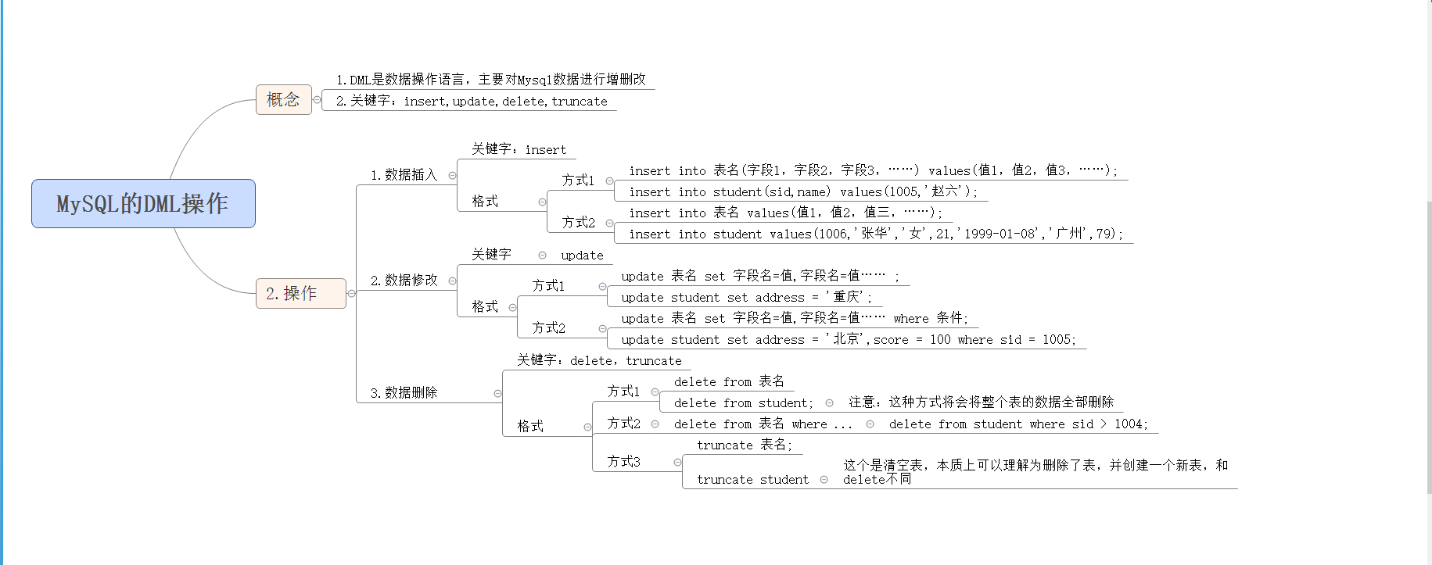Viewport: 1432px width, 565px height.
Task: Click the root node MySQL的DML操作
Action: click(143, 204)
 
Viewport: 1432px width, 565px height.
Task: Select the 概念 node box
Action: click(283, 100)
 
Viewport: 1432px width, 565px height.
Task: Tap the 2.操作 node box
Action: click(300, 294)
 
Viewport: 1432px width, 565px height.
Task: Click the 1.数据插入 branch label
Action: click(404, 175)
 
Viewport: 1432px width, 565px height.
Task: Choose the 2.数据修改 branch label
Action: click(404, 281)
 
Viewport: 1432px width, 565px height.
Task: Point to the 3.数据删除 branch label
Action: click(404, 393)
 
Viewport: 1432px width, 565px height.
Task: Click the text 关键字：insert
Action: click(519, 149)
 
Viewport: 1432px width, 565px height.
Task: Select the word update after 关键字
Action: click(582, 256)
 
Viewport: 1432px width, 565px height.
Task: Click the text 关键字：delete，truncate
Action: click(599, 360)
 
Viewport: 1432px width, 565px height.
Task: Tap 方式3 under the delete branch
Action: click(623, 462)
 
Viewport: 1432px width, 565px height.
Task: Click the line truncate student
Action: click(752, 480)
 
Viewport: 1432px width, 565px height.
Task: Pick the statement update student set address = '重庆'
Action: click(746, 298)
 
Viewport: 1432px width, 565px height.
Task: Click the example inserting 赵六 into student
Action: click(802, 192)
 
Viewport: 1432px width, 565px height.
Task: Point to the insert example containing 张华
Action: click(875, 234)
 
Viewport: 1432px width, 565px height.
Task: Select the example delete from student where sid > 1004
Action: click(1018, 424)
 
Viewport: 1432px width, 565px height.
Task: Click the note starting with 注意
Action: click(981, 402)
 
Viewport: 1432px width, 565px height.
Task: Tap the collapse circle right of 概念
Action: click(317, 100)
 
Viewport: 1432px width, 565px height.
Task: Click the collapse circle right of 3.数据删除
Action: click(497, 393)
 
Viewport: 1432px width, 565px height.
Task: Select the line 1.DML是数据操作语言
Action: click(491, 80)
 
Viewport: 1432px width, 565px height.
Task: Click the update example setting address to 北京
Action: click(848, 340)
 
